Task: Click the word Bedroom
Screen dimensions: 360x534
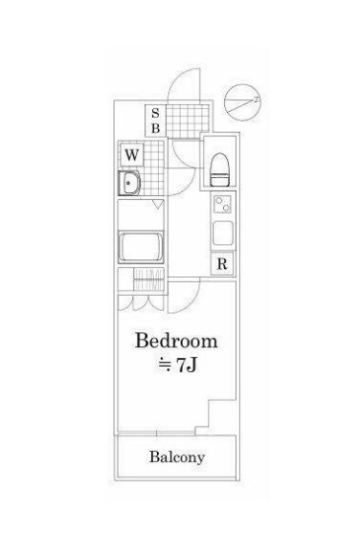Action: [176, 341]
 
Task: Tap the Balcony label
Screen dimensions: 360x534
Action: [177, 457]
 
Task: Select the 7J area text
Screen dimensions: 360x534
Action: [187, 366]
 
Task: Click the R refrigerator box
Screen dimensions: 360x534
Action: [222, 263]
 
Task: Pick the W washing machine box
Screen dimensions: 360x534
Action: [131, 155]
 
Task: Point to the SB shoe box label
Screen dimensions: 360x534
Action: [156, 121]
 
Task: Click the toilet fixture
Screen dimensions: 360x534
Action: [218, 169]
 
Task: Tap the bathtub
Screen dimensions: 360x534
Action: [141, 247]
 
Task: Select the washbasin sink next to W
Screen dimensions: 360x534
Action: [129, 183]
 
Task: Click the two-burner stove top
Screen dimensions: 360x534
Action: [222, 205]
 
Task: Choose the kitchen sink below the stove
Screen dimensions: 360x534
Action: [223, 234]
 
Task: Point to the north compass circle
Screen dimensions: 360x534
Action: [242, 102]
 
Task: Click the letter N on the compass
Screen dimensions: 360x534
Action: [257, 100]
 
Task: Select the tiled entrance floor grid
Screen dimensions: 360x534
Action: [188, 122]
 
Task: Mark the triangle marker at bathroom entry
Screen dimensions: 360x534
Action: [158, 205]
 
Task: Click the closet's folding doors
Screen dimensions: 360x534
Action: [141, 302]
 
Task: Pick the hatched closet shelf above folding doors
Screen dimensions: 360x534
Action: [148, 279]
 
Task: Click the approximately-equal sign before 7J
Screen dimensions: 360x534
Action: [166, 366]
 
